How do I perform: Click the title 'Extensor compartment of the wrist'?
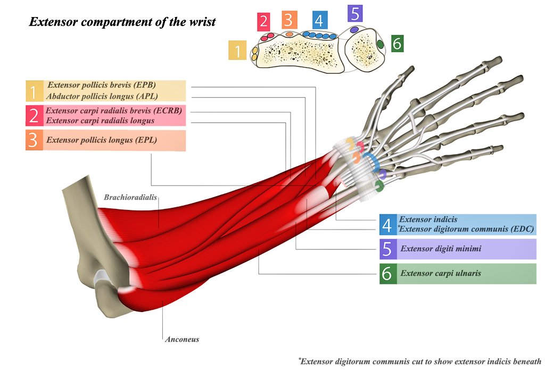[122, 22]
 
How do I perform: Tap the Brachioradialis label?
[130, 197]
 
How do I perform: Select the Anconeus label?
[182, 339]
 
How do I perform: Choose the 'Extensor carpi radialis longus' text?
[100, 121]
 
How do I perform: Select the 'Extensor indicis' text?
[428, 220]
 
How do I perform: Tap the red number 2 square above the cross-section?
[263, 22]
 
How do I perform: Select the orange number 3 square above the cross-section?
[288, 20]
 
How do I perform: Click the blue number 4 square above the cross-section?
[318, 20]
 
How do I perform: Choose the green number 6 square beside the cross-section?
[397, 43]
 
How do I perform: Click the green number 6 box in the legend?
[387, 274]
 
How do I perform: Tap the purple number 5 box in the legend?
[387, 249]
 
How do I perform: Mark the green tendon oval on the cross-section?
[380, 44]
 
